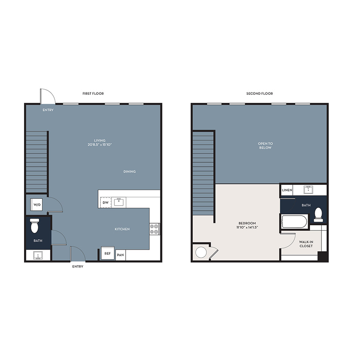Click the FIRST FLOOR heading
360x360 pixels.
pos(93,94)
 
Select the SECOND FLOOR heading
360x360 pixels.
pos(260,94)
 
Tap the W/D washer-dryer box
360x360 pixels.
pos(36,204)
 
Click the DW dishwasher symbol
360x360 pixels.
pos(106,202)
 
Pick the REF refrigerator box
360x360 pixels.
pos(108,253)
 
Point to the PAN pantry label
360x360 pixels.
pos(120,255)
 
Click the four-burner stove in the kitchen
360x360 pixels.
pos(154,229)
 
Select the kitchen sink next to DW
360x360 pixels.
pos(119,202)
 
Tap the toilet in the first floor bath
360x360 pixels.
pos(34,226)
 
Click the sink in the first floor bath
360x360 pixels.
pos(38,255)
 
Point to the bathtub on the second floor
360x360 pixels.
pos(294,222)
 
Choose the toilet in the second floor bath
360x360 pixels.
pos(318,215)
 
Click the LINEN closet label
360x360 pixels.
pos(287,190)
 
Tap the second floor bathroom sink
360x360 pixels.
pos(308,190)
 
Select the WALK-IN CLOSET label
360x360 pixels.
pos(306,244)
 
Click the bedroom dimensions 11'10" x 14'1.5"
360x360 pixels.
pos(247,227)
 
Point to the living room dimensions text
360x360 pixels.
pos(100,145)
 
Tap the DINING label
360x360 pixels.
pos(130,172)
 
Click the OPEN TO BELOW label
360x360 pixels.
pos(266,146)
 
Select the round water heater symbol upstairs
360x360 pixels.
pos(201,252)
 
